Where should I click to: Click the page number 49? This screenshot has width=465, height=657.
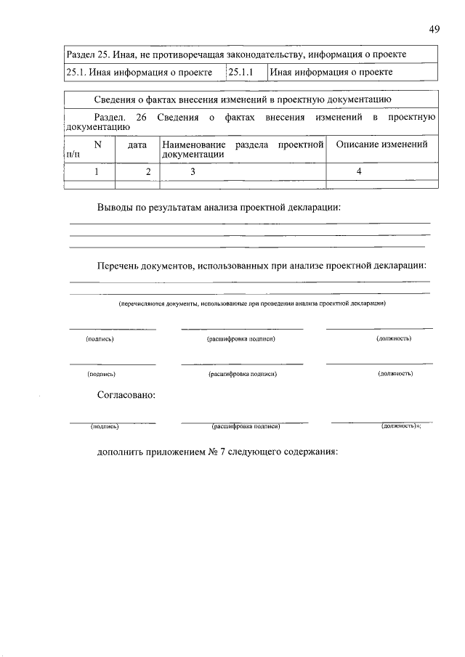point(434,30)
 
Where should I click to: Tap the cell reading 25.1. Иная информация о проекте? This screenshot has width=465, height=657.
point(139,72)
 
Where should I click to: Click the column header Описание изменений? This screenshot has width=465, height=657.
point(381,144)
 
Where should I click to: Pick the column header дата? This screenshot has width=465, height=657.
point(137,144)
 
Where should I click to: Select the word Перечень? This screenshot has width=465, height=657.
point(121,266)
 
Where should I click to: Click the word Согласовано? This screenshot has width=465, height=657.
point(126,396)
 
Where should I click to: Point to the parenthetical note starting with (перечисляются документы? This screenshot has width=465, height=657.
point(251,303)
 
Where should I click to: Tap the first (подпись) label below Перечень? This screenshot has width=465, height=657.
point(100,338)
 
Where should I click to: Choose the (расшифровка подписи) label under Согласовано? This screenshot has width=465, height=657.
point(246,427)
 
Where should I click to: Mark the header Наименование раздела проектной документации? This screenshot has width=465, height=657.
point(242,150)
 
